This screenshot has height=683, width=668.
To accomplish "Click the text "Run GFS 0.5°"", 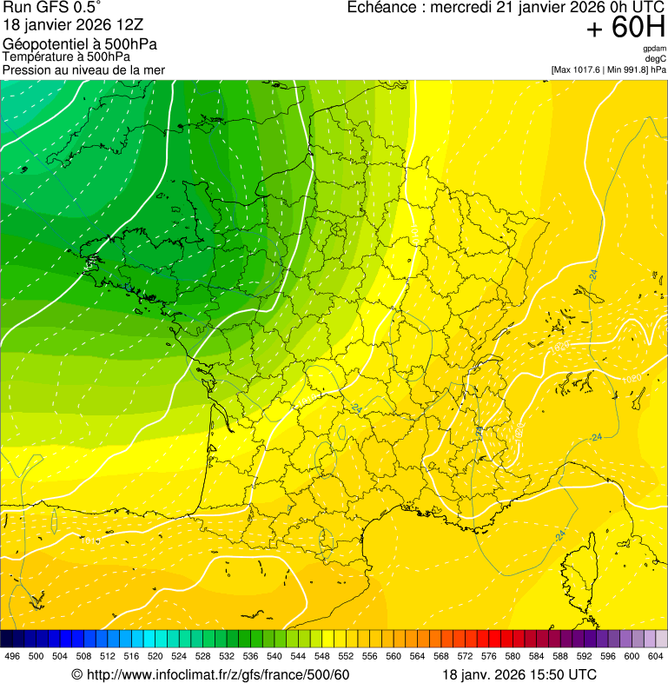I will (x=52, y=9).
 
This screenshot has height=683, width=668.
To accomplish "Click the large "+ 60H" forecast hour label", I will (x=625, y=28).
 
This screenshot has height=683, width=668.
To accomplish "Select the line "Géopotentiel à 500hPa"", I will (x=80, y=44).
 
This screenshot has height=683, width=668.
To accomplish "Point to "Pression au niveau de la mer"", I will (x=83, y=70).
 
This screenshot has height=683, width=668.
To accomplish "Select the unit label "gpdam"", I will (x=654, y=49).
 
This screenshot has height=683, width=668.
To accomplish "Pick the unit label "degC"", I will (x=656, y=59).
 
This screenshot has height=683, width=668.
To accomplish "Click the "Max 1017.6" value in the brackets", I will (x=577, y=70).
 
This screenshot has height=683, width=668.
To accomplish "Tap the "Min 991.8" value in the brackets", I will (x=627, y=70).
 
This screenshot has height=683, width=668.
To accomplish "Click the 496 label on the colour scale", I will (x=12, y=657).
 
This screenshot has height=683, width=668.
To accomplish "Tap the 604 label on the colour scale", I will (x=655, y=657).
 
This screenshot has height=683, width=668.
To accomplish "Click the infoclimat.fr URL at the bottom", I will (x=218, y=675).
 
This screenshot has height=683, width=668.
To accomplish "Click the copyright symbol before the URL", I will (x=76, y=675).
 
